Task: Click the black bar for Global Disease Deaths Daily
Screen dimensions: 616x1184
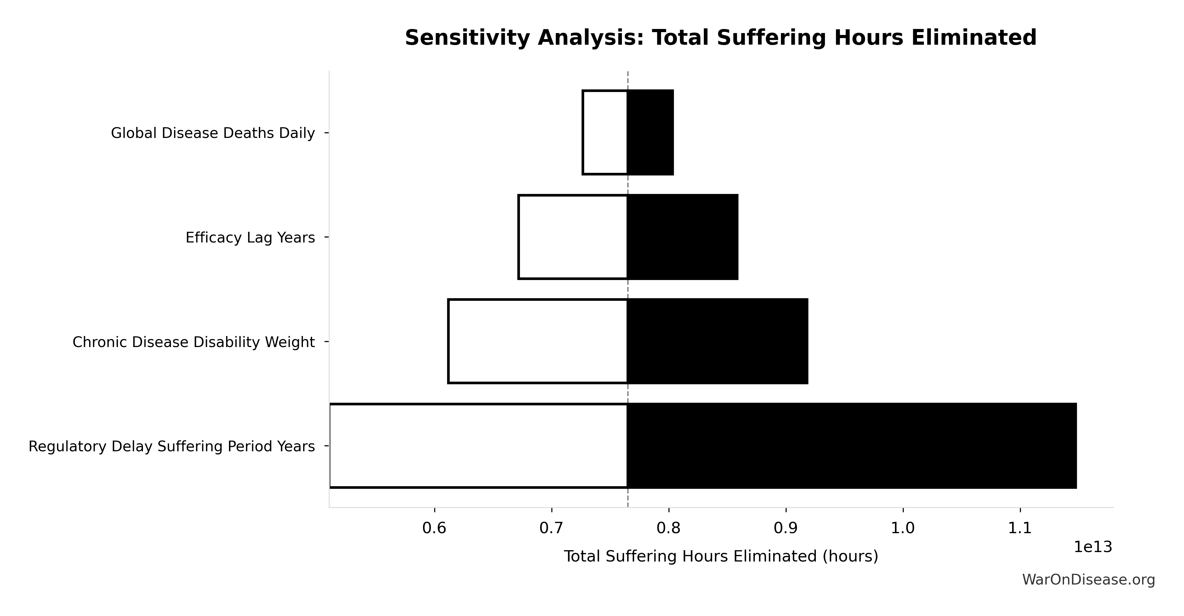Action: point(650,132)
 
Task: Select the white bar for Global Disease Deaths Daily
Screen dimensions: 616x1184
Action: point(605,132)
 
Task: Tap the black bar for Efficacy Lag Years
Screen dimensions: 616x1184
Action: point(683,237)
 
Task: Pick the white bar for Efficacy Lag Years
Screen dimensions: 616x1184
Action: point(573,237)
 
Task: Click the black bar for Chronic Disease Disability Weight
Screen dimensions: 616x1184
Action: point(717,341)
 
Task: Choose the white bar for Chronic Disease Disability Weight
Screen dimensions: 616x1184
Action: point(538,341)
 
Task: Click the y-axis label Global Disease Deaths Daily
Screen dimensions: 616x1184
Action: point(213,133)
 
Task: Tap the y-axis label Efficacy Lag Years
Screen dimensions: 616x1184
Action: point(250,238)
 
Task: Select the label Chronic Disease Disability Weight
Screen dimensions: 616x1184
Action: point(194,342)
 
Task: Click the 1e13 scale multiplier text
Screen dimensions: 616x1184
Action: point(1093,547)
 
